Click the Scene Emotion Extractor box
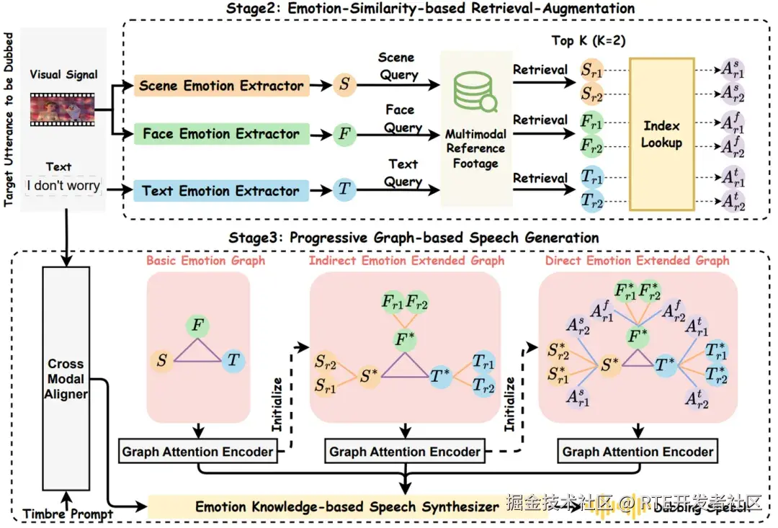[x=221, y=86]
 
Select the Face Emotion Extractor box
[x=221, y=134]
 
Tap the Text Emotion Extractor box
[x=221, y=191]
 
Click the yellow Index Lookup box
[x=661, y=135]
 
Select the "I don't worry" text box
[x=63, y=185]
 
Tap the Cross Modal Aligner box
[x=66, y=379]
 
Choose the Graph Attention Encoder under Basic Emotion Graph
[x=198, y=452]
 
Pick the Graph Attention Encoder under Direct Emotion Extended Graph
[x=638, y=452]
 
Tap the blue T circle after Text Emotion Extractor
[x=344, y=191]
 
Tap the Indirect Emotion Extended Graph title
[x=406, y=260]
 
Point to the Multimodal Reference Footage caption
[x=475, y=149]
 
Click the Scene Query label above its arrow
[x=397, y=66]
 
